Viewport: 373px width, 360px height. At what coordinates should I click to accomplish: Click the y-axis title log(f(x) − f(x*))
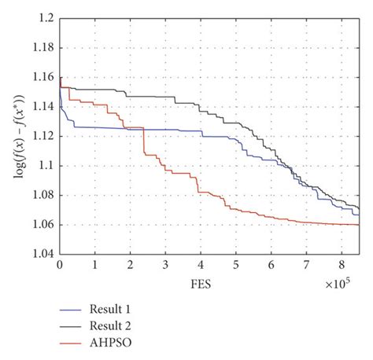[18, 135]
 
